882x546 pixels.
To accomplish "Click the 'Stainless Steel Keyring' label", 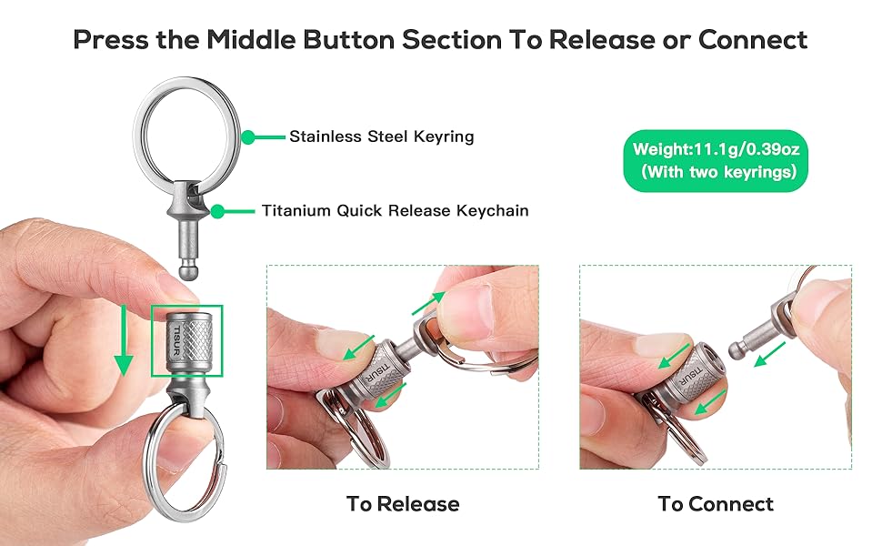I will (381, 137).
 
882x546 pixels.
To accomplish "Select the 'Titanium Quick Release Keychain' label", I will (395, 210).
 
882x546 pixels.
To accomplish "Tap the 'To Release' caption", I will (402, 503).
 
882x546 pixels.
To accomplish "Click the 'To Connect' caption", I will (716, 503).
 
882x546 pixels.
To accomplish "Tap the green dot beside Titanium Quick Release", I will (217, 210).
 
